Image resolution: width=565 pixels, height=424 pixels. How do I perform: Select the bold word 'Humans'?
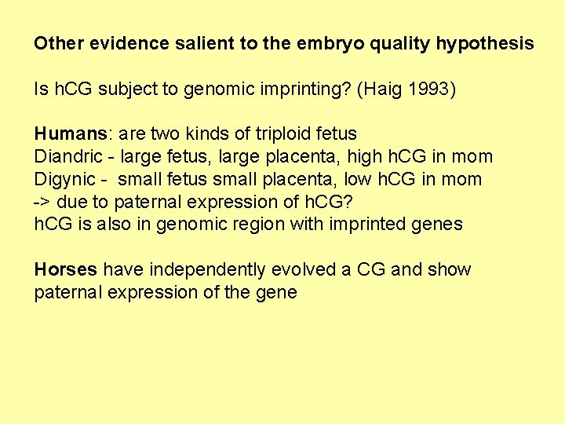tap(65, 134)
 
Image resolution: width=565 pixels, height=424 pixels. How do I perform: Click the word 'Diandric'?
tap(67, 157)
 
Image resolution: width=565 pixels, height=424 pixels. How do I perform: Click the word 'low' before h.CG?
tap(372, 180)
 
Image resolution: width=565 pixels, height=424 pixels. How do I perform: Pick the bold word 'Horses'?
tap(65, 270)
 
